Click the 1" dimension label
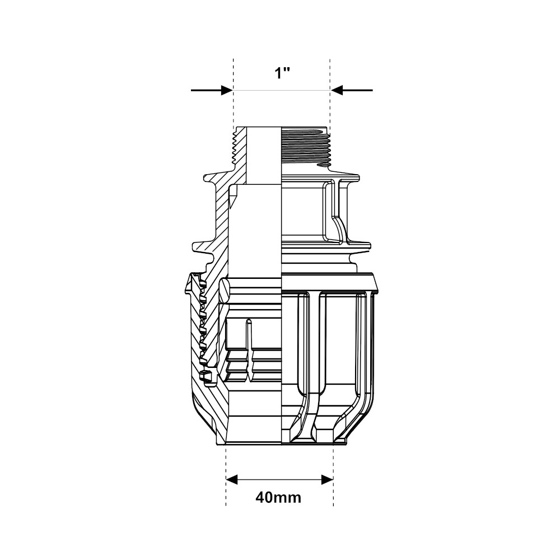282,73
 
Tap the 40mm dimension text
278,497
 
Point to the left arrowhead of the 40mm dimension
232,480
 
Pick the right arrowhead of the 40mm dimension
327,480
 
